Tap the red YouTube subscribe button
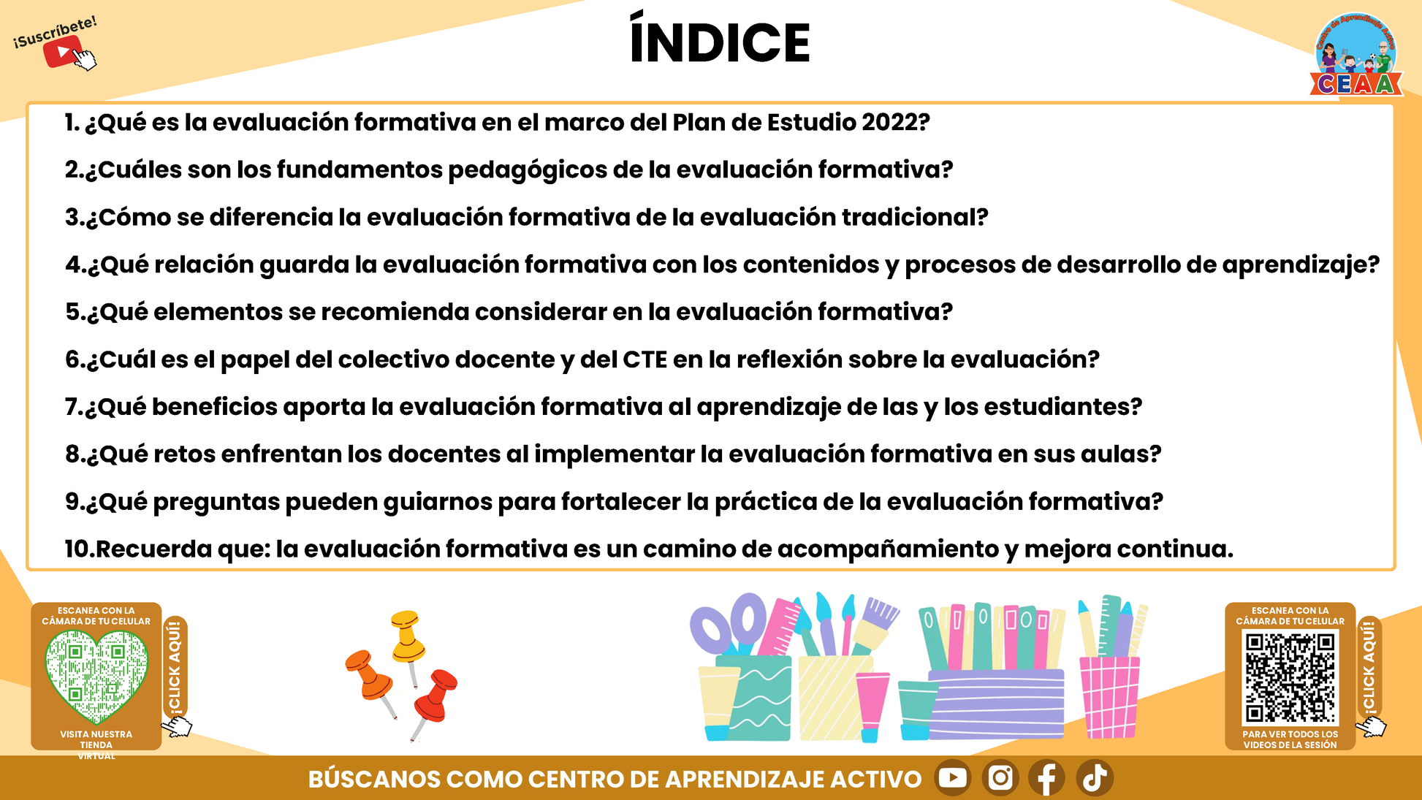[64, 52]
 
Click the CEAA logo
[1356, 55]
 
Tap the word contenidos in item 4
[811, 264]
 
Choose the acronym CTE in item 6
[645, 359]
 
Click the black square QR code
[1290, 677]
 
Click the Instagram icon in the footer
[1000, 777]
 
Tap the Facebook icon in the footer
[1047, 777]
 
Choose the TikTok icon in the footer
[1095, 777]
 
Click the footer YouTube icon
[952, 777]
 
